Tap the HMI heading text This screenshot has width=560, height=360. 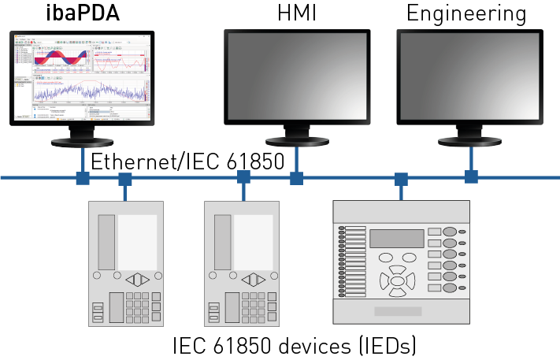(x=295, y=13)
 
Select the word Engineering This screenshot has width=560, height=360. (x=465, y=13)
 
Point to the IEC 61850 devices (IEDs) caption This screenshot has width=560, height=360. (x=294, y=345)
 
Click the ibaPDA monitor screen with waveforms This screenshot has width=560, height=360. (x=82, y=78)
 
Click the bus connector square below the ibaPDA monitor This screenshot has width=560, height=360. (x=82, y=178)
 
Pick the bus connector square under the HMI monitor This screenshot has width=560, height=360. (x=296, y=178)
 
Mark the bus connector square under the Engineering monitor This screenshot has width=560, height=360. (x=471, y=176)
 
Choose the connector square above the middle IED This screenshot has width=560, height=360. (x=243, y=179)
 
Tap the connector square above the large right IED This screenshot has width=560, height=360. (x=401, y=179)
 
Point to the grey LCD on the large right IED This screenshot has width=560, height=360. (x=397, y=238)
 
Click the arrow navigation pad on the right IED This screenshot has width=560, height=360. (x=398, y=280)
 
